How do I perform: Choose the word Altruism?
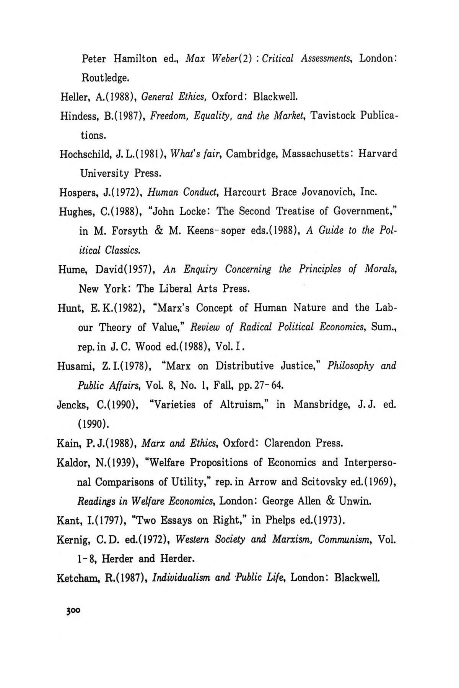(243, 405)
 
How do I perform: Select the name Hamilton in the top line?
(135, 59)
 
